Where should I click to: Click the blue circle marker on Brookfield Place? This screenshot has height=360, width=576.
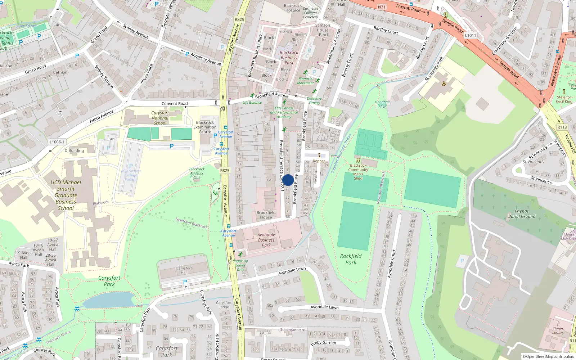(288, 180)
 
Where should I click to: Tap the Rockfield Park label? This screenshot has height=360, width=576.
(351, 259)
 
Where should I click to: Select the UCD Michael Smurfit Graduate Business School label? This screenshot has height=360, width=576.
(66, 195)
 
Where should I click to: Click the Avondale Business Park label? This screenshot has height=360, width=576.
(266, 240)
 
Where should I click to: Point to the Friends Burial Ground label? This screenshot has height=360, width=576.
(522, 214)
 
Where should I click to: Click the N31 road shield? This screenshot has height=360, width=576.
(382, 7)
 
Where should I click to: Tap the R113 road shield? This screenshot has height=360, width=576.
(562, 127)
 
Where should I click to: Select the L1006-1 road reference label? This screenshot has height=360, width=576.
(57, 142)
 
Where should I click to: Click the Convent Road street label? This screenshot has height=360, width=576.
(175, 104)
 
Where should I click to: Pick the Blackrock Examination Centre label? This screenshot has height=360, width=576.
(205, 127)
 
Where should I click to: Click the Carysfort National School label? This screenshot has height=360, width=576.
(160, 118)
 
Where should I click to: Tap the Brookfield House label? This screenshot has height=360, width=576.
(266, 215)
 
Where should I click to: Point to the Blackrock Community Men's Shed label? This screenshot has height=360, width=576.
(358, 172)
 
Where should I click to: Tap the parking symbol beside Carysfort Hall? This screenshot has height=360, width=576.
(185, 282)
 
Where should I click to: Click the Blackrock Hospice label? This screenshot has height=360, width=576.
(293, 8)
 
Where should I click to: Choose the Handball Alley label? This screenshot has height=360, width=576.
(382, 104)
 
